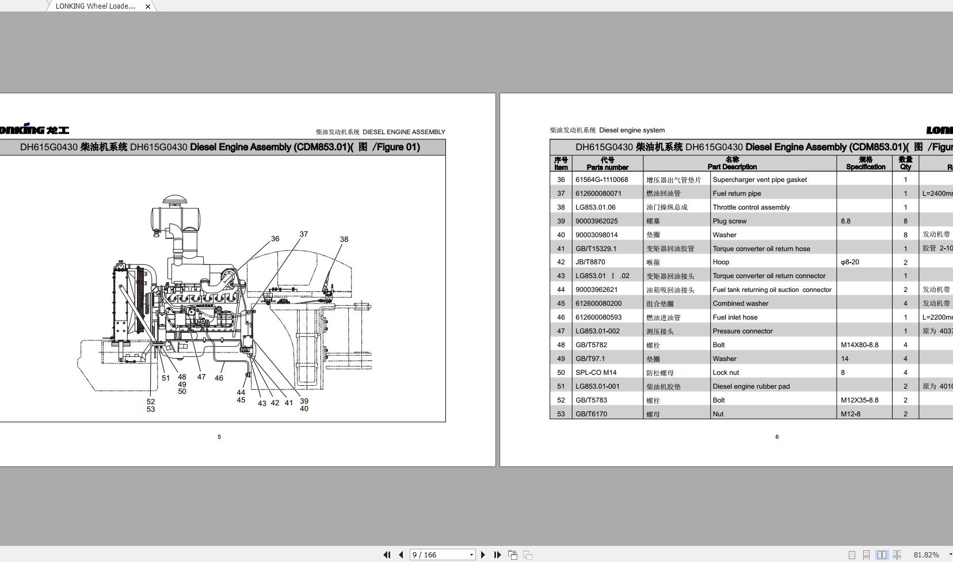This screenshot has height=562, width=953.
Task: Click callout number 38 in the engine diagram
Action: coord(344,240)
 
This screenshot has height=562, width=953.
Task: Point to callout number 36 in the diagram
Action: coord(275,239)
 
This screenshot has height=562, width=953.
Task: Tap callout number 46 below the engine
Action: coord(219,378)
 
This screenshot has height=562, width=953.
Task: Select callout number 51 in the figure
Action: coord(166,378)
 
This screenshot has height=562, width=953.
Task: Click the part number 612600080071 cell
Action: coord(599,193)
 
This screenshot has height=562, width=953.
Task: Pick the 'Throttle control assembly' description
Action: coord(751,207)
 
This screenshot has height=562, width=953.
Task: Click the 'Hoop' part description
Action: coord(721,262)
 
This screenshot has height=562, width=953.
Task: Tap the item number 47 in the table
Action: coord(561,331)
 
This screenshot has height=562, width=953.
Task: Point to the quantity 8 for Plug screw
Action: coord(905,221)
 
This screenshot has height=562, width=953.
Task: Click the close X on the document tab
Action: coord(148,6)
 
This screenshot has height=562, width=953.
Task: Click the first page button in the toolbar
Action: coord(387,555)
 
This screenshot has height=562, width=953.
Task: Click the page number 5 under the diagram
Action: coord(219,437)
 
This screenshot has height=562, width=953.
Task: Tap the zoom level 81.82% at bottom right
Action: coord(926,555)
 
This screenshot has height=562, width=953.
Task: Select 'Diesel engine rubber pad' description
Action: coord(751,386)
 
